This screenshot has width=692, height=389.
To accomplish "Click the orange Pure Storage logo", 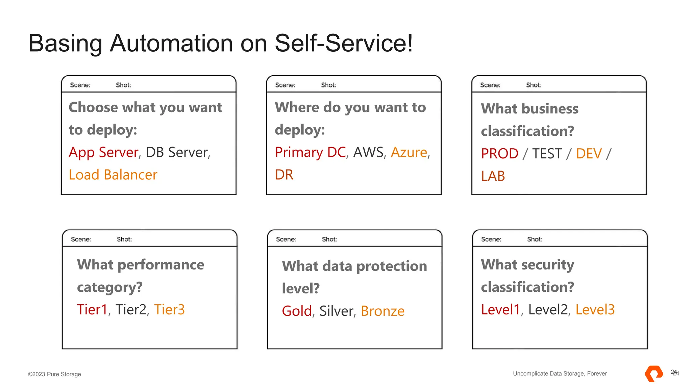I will pyautogui.click(x=654, y=374).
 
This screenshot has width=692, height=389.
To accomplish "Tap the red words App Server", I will pyautogui.click(x=103, y=152).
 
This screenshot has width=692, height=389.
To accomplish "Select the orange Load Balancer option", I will pyautogui.click(x=113, y=175).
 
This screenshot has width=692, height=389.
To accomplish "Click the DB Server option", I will pyautogui.click(x=177, y=152).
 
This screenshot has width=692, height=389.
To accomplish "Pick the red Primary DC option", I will pyautogui.click(x=310, y=152).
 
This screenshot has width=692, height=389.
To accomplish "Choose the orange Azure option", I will pyautogui.click(x=409, y=152).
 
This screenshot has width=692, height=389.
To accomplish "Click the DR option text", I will pyautogui.click(x=284, y=175).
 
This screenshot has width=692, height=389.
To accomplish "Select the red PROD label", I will pyautogui.click(x=499, y=154).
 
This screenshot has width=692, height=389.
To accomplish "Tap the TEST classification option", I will pyautogui.click(x=547, y=154).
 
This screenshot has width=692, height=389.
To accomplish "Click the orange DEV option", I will pyautogui.click(x=589, y=154).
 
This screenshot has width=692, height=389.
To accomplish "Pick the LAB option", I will pyautogui.click(x=493, y=176).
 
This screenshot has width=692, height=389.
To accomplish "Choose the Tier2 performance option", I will pyautogui.click(x=131, y=310).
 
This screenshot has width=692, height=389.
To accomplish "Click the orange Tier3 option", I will pyautogui.click(x=169, y=310).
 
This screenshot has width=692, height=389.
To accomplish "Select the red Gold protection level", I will pyautogui.click(x=297, y=311).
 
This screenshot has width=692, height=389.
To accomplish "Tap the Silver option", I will pyautogui.click(x=336, y=311).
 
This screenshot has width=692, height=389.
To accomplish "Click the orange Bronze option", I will pyautogui.click(x=382, y=311).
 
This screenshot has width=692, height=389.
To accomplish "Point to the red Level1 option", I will pyautogui.click(x=500, y=310).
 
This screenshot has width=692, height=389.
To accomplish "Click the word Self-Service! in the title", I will pyautogui.click(x=343, y=43).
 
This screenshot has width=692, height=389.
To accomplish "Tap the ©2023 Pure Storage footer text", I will pyautogui.click(x=54, y=374).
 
